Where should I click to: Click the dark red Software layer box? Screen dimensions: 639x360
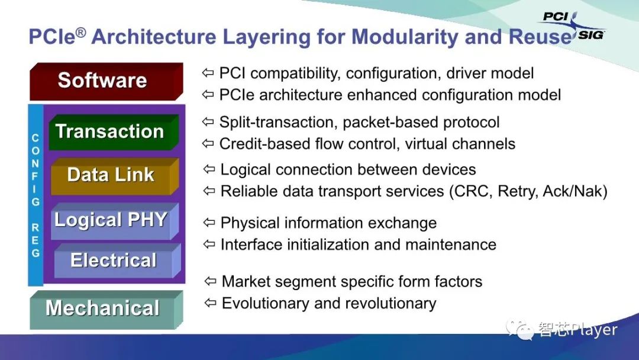[x=106, y=82]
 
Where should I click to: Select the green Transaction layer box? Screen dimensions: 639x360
[x=114, y=132]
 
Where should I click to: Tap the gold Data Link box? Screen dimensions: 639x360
[x=115, y=176]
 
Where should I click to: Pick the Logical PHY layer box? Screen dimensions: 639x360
[x=115, y=221]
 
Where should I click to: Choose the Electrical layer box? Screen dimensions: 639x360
[x=117, y=261]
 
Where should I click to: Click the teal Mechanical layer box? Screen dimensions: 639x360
[x=106, y=310]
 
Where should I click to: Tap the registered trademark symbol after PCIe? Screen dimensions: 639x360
[x=81, y=32]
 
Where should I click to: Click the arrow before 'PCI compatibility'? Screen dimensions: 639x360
[x=208, y=73]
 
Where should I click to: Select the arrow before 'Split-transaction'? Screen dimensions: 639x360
[x=208, y=121]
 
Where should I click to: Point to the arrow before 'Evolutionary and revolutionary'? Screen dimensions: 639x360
[x=210, y=303]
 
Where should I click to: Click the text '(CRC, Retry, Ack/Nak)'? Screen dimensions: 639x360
[x=528, y=191]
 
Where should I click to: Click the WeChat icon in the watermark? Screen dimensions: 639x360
[x=519, y=329]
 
